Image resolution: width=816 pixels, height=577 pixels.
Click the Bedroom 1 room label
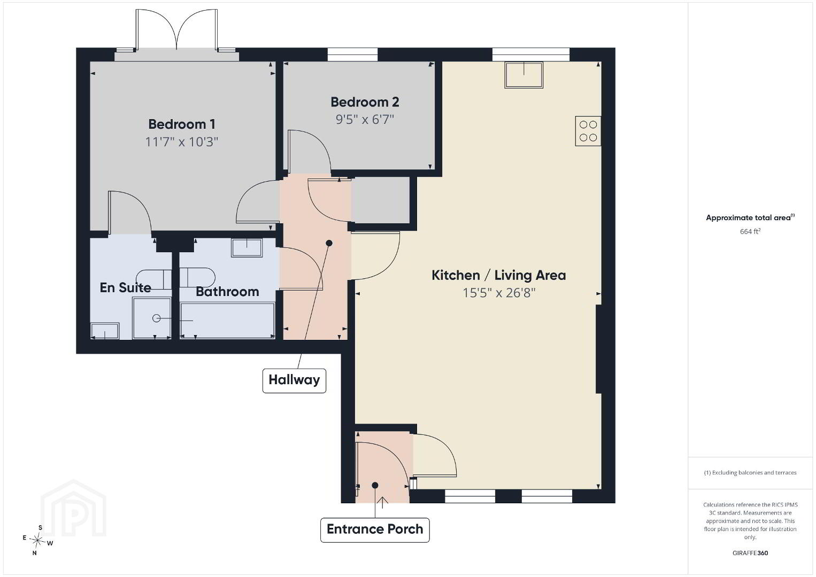click(x=181, y=124)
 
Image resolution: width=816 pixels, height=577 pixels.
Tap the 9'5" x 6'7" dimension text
click(x=365, y=119)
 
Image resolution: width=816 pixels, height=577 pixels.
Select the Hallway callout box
click(x=294, y=380)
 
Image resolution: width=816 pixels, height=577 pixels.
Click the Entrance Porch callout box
click(x=375, y=529)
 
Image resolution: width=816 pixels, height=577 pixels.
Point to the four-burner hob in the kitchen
click(x=588, y=131)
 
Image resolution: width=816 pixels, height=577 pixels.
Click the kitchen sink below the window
click(x=524, y=75)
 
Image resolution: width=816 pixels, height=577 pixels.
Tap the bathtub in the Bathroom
click(x=227, y=321)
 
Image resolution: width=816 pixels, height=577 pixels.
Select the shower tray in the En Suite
click(x=152, y=318)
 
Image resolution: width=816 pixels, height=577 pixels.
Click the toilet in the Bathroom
click(x=197, y=277)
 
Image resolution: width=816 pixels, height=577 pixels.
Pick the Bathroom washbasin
click(x=247, y=247)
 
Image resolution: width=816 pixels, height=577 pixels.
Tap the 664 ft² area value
click(x=750, y=231)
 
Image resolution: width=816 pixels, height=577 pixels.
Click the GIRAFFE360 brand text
click(x=750, y=553)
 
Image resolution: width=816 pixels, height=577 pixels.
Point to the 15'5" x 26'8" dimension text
click(x=499, y=293)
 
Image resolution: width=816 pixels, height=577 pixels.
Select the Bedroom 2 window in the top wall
click(x=352, y=54)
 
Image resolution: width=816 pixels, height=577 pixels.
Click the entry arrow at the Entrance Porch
click(x=382, y=502)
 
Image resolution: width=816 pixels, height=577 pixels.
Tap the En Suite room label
click(x=125, y=287)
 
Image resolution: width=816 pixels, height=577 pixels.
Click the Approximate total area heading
click(x=750, y=217)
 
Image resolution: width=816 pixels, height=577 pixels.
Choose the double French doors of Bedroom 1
click(x=176, y=30)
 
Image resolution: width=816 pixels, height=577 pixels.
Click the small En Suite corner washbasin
click(x=105, y=331)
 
